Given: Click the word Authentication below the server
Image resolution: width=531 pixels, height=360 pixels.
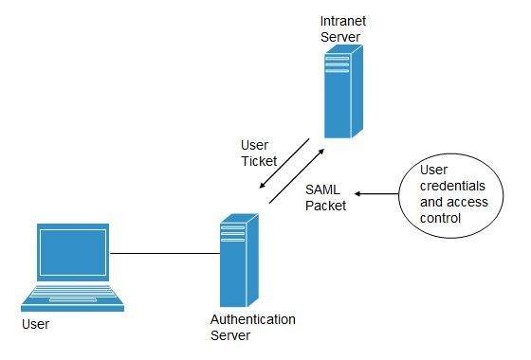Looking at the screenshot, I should point(251,319).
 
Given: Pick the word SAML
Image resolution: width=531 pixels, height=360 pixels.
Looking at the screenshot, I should point(322,189).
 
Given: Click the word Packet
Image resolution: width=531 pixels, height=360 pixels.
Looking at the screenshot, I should point(325,205).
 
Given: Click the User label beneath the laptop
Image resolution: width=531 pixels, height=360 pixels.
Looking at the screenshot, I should point(34,325).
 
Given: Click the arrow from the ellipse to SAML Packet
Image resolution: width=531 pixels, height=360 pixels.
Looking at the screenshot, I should point(374,194).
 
